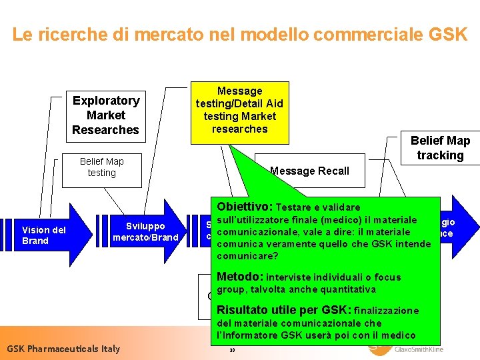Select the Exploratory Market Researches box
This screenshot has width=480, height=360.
(x=106, y=115)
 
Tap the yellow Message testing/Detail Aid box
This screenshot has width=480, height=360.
(x=239, y=110)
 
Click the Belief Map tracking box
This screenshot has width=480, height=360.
(x=440, y=147)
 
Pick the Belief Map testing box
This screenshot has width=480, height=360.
(x=101, y=167)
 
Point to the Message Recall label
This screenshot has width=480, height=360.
(x=309, y=171)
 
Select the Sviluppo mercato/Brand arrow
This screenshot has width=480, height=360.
(x=145, y=232)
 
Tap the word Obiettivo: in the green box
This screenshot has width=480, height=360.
(x=245, y=207)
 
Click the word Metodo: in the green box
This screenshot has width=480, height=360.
(x=240, y=277)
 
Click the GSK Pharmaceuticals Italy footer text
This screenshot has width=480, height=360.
(x=63, y=349)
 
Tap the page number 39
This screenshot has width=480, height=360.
(x=232, y=351)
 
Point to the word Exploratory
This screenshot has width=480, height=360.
(x=106, y=101)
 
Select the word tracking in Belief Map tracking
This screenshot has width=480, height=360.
(x=440, y=155)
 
